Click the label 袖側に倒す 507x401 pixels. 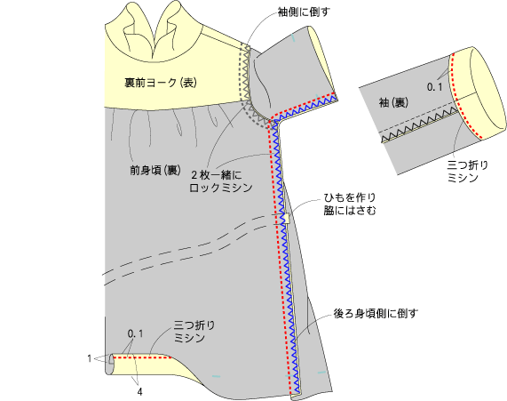click(x=304, y=12)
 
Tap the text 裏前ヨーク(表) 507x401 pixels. click(x=161, y=83)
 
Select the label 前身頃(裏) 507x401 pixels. click(x=155, y=170)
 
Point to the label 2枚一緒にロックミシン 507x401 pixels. click(x=220, y=181)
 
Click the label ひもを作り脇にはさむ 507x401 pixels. click(x=350, y=204)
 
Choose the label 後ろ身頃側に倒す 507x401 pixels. click(x=376, y=314)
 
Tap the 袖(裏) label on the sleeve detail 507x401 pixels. click(x=393, y=102)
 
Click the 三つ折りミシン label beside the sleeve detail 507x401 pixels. click(x=468, y=172)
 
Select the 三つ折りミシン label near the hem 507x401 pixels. click(x=194, y=332)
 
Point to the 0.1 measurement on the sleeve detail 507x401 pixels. click(x=434, y=87)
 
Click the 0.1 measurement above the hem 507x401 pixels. click(x=135, y=333)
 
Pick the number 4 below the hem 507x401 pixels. click(x=139, y=392)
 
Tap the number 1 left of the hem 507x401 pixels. click(x=90, y=358)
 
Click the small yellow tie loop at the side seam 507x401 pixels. click(x=287, y=219)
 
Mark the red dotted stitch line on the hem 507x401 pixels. click(x=142, y=357)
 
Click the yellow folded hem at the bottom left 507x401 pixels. click(x=152, y=367)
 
